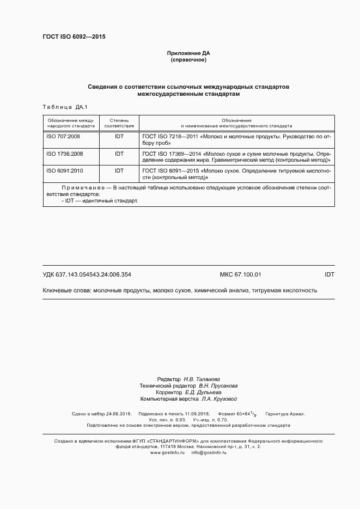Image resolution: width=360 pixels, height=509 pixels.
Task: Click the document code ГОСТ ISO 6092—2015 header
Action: (74, 36)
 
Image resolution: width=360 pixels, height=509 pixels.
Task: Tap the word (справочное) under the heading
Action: (188, 59)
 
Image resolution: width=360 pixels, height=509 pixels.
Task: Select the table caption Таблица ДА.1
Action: (61, 107)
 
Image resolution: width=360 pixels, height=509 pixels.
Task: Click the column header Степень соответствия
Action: (119, 122)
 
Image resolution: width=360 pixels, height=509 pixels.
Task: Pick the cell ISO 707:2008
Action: (63, 136)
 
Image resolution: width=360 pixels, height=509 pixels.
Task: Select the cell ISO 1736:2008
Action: (64, 154)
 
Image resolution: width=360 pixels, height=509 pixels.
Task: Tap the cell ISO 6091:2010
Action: (64, 171)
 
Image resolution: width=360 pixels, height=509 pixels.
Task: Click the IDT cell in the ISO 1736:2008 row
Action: (119, 154)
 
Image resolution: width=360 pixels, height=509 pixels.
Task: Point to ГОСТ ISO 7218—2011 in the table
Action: (169, 136)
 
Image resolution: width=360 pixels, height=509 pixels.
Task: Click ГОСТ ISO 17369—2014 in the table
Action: (171, 154)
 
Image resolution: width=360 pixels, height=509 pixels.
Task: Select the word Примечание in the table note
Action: (83, 188)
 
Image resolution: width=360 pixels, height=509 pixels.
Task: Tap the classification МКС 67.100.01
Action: (240, 275)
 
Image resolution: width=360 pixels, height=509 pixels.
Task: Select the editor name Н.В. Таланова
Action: (202, 379)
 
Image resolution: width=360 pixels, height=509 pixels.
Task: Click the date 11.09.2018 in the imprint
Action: (195, 414)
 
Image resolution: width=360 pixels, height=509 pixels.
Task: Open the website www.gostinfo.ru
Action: (168, 452)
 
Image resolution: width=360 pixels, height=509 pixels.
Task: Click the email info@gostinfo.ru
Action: (209, 452)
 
